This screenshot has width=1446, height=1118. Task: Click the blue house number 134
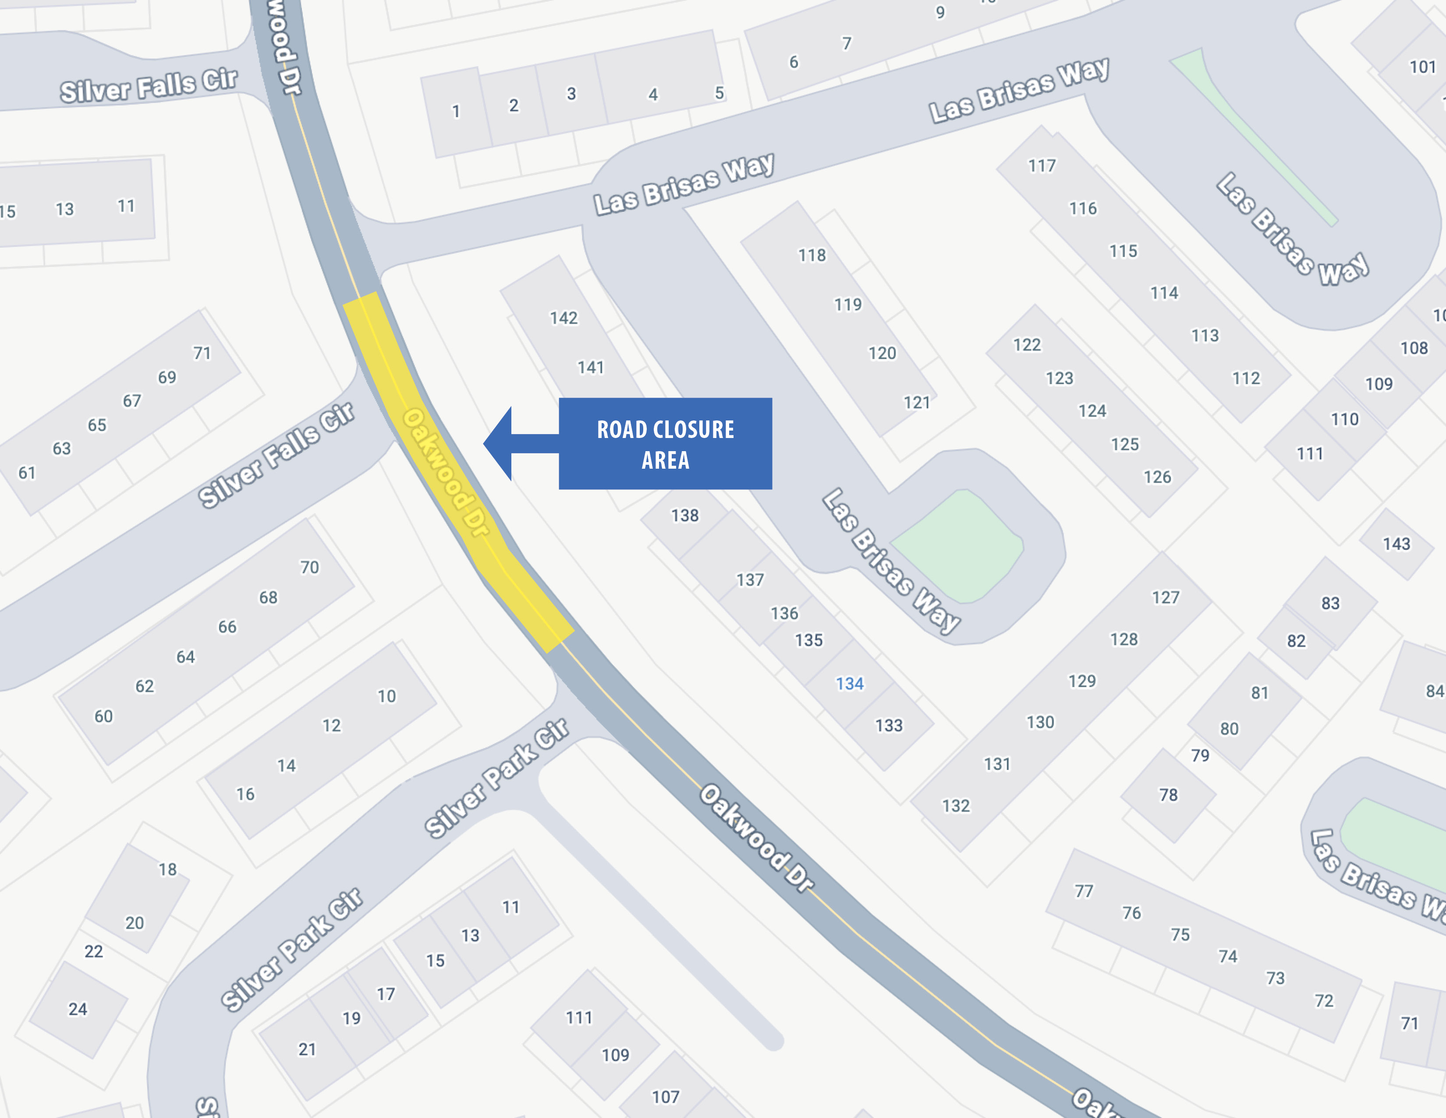point(850,684)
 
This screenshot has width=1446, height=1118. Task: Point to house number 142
point(564,318)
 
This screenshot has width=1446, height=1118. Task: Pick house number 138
point(684,515)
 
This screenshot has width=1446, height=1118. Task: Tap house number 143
point(1396,544)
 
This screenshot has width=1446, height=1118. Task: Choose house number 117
point(1042,166)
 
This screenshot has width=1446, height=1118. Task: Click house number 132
point(955,806)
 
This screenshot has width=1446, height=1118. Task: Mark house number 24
point(78,1009)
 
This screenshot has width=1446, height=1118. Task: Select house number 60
point(103,716)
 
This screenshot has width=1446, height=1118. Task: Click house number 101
point(1422,67)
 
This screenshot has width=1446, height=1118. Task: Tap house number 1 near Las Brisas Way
point(456,111)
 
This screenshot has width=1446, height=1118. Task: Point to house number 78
point(1168,795)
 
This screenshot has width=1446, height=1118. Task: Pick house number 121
point(916,402)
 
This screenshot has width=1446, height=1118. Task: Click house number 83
point(1330,603)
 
